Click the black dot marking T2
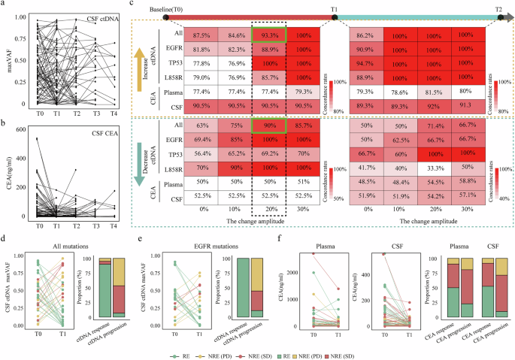tap(498, 17)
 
